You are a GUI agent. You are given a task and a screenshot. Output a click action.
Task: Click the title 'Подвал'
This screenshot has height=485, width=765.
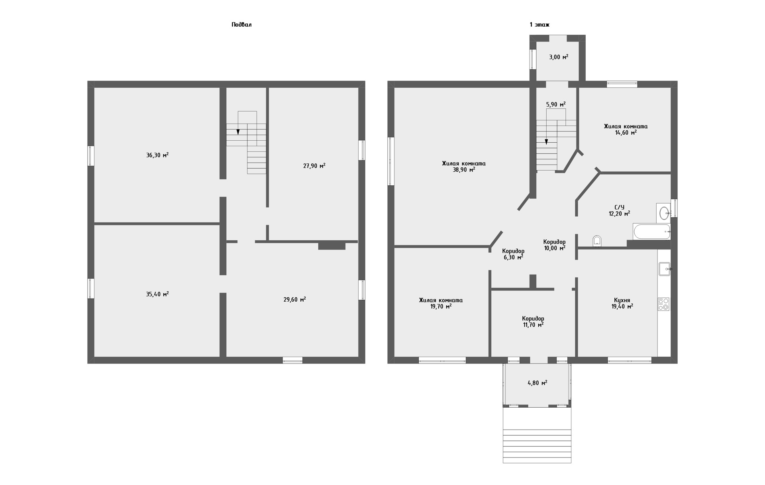tap(241, 25)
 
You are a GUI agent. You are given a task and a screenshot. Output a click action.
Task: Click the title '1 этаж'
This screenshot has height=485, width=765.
tap(539, 25)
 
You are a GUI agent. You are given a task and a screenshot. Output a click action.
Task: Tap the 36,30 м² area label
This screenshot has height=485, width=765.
tap(157, 155)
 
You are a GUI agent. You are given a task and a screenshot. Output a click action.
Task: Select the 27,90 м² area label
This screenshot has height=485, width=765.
tap(314, 166)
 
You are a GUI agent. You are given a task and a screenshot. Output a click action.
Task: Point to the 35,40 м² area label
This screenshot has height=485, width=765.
tap(157, 294)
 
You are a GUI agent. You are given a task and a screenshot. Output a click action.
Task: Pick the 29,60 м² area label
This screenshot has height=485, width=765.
tap(295, 299)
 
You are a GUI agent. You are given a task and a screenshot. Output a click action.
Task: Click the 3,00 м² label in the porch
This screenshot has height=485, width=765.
tap(559, 57)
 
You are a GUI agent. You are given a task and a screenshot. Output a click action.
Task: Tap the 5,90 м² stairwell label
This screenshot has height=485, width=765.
tap(556, 104)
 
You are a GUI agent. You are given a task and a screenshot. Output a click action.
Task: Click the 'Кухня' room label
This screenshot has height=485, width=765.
tap(622, 300)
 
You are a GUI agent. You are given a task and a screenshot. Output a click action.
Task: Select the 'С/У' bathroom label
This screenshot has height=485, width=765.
tap(619, 207)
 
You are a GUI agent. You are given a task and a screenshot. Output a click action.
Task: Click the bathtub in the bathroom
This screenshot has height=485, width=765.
tap(652, 232)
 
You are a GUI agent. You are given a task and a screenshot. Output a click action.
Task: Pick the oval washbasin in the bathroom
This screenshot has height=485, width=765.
tap(664, 213)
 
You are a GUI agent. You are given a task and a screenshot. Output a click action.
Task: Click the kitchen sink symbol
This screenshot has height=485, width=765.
tap(665, 269)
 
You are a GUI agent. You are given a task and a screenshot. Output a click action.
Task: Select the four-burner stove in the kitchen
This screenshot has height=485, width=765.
tap(663, 304)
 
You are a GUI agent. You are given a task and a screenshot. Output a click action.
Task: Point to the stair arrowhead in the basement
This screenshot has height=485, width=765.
tap(238, 132)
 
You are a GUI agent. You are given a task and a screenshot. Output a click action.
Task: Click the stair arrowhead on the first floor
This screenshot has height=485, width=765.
tap(546, 141)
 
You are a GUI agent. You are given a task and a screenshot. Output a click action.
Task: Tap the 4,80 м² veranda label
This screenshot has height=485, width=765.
tap(537, 383)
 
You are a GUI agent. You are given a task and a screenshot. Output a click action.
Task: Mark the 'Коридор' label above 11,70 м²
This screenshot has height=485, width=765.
tap(533, 319)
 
